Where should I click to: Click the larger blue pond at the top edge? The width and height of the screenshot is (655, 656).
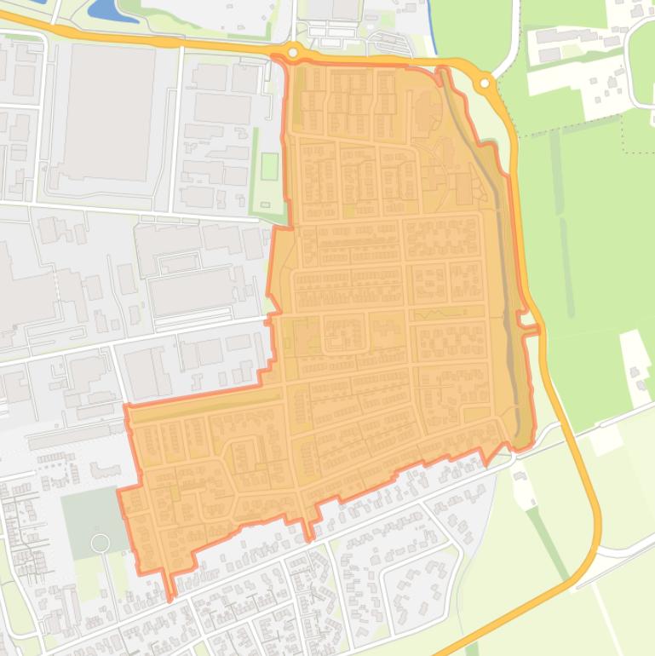[x=104, y=9]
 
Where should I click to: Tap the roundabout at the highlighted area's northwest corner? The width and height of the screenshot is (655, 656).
[x=293, y=53]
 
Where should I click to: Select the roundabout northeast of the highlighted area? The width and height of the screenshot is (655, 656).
[x=485, y=83]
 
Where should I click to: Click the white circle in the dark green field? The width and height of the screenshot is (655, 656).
[x=100, y=543]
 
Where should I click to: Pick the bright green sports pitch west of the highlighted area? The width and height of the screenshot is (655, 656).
[x=269, y=165]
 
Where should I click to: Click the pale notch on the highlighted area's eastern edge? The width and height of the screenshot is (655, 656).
[x=530, y=329]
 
